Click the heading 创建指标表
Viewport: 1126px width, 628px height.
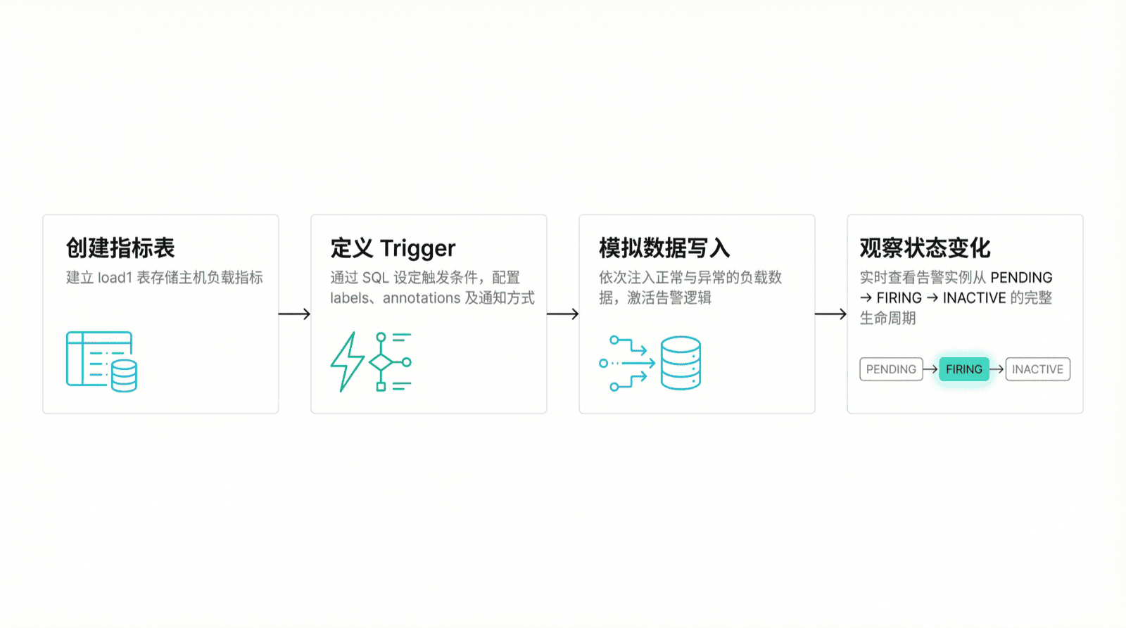[x=120, y=248]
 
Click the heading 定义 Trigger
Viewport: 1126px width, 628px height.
[x=393, y=248]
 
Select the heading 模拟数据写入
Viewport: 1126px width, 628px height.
[x=664, y=248]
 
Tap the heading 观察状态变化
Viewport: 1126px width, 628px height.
[x=925, y=248]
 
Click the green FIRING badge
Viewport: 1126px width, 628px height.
[x=963, y=369]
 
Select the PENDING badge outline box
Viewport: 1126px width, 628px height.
[x=891, y=369]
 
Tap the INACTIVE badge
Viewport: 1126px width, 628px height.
[x=1037, y=369]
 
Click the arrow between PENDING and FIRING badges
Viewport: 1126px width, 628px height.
[x=930, y=369]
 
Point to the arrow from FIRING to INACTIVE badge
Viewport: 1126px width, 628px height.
[x=997, y=369]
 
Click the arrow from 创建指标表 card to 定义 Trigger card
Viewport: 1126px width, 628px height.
[x=294, y=314]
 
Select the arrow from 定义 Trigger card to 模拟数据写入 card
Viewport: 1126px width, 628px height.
[x=562, y=314]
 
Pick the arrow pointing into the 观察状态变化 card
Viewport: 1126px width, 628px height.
[x=830, y=314]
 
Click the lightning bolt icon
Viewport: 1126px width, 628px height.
[x=347, y=361]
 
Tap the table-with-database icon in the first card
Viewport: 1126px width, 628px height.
[x=101, y=361]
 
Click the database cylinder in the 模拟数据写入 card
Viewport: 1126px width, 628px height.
[x=681, y=363]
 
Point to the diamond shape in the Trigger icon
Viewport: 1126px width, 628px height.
[x=381, y=362]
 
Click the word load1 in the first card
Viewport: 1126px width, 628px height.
[x=115, y=278]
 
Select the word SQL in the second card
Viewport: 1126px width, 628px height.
[x=375, y=278]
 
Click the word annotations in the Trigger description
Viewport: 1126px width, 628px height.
[x=422, y=298]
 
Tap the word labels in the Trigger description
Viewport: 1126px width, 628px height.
[x=349, y=298]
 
